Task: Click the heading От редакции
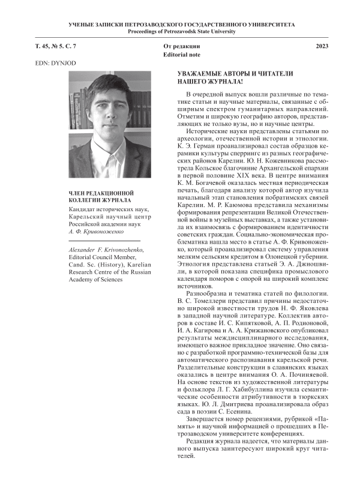coord(181,46)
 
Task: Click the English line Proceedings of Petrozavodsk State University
coord(180,31)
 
